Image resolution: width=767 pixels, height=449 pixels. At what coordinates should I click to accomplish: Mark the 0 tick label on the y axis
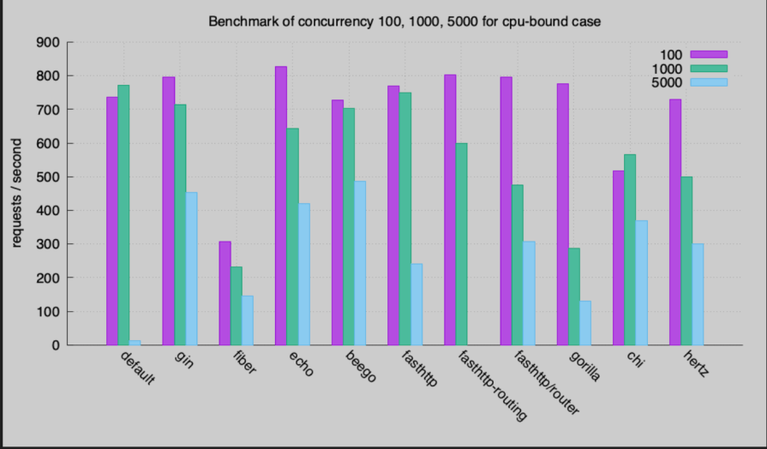tap(57, 345)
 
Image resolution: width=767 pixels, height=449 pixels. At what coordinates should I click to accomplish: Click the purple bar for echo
tap(281, 206)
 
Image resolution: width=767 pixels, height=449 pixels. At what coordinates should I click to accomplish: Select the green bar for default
tap(123, 215)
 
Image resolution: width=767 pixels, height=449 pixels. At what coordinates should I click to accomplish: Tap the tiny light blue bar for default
tap(135, 343)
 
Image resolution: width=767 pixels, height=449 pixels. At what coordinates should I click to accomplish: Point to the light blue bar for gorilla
tap(585, 323)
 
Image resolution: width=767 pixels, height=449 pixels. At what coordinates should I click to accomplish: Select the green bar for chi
tap(630, 249)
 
